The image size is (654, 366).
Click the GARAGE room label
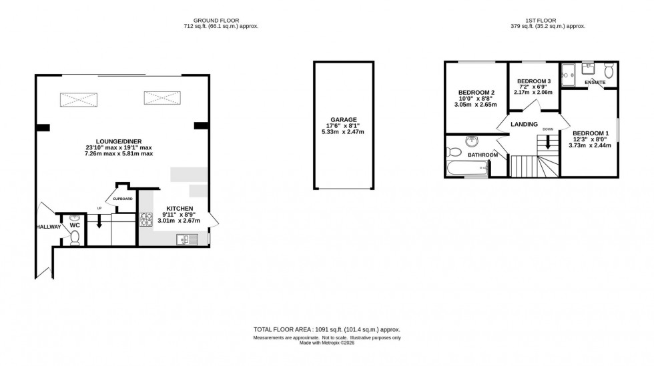[341, 119]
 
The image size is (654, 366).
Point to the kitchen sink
[184, 239]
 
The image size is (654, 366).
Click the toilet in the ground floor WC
[74, 237]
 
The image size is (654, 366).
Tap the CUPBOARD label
[122, 199]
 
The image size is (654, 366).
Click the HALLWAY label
[48, 227]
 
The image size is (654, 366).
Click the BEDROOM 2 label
[476, 93]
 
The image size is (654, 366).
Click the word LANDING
[524, 124]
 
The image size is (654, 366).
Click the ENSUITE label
[595, 83]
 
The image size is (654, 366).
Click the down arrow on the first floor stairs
[548, 143]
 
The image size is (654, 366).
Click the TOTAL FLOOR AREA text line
[326, 329]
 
